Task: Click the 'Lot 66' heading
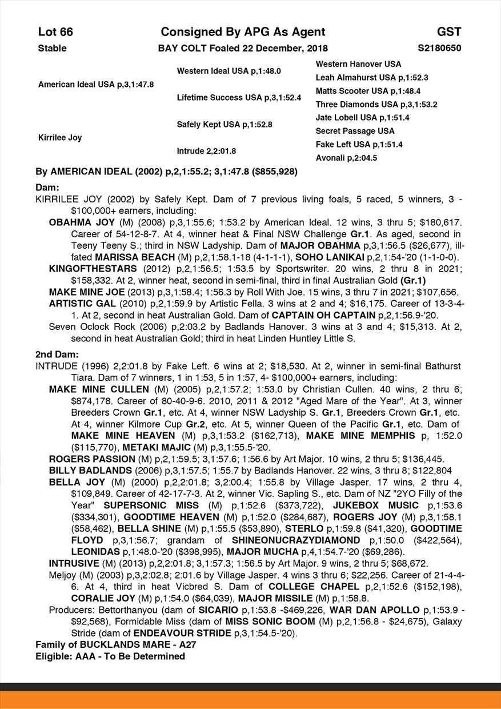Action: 55,32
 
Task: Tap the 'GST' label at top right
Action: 449,32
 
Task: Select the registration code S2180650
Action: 439,49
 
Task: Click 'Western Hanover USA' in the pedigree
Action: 358,64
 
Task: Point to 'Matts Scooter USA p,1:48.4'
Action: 368,91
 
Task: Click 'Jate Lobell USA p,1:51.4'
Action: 362,118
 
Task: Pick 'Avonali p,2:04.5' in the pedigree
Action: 346,158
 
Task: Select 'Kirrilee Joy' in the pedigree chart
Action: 60,138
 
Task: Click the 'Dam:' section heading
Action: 47,188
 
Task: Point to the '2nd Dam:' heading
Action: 53,354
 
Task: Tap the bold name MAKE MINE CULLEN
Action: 95,389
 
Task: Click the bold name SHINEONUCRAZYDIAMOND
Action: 296,540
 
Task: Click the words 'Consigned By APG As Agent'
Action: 243,32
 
